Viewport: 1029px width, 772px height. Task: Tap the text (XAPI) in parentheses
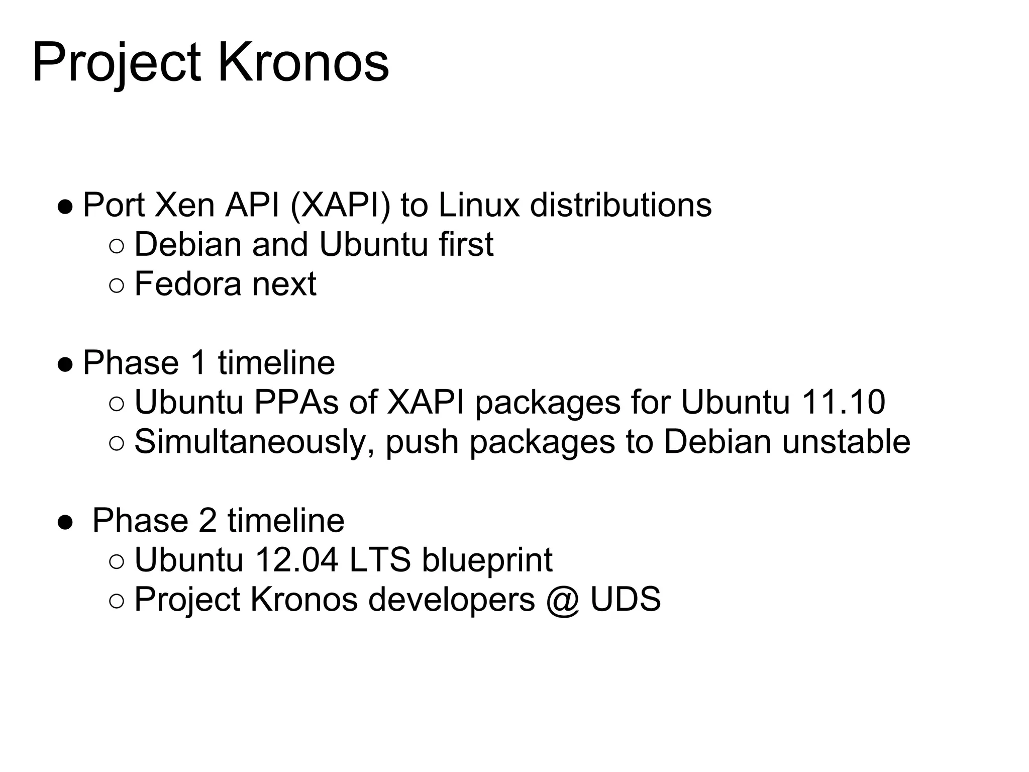pyautogui.click(x=340, y=205)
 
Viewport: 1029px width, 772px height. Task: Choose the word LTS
pyautogui.click(x=380, y=560)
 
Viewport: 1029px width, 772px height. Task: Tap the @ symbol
pyautogui.click(x=562, y=600)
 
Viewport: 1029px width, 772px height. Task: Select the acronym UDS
pyautogui.click(x=626, y=599)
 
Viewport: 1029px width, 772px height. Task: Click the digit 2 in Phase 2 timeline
pyautogui.click(x=208, y=521)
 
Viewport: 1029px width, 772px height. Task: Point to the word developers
pyautogui.click(x=452, y=600)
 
